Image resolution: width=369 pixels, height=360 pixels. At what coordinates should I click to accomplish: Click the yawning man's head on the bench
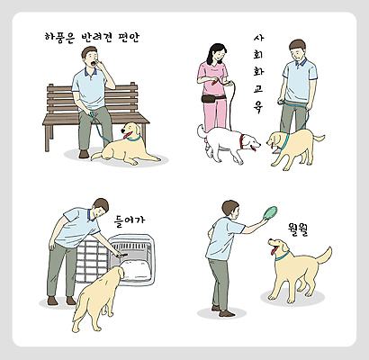93,58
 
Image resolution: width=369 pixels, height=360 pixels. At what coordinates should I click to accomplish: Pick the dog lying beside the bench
126,145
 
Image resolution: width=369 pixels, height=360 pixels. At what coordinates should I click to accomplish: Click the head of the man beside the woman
297,49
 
